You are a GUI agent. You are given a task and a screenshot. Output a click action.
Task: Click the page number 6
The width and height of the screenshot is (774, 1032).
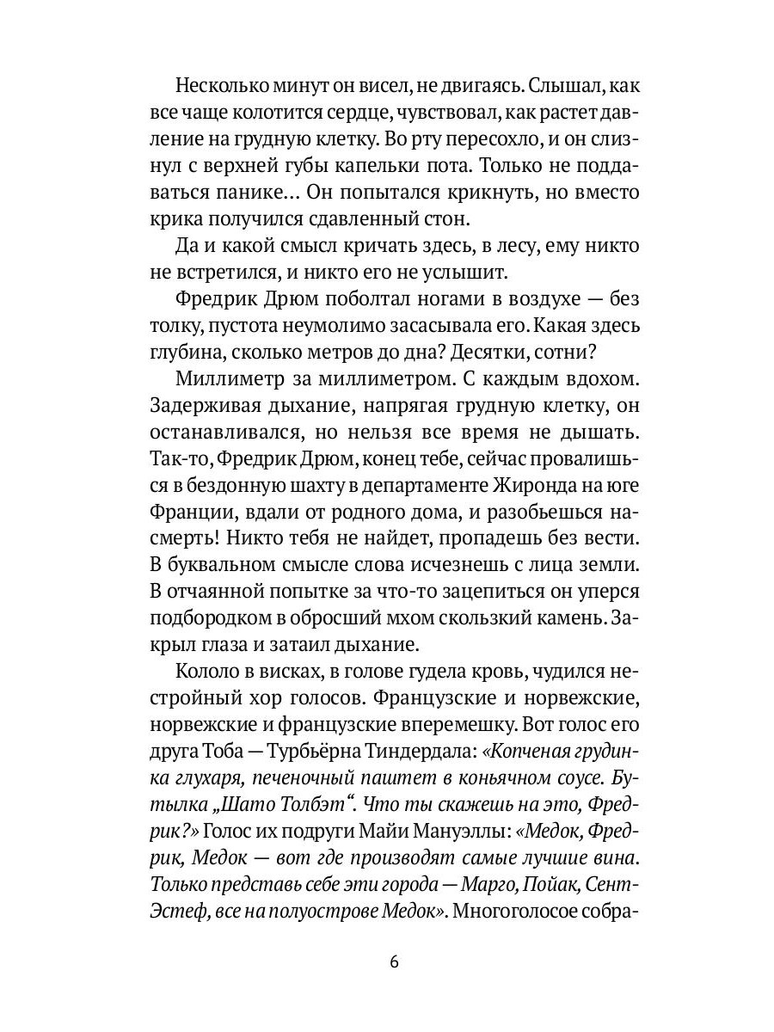click(394, 961)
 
